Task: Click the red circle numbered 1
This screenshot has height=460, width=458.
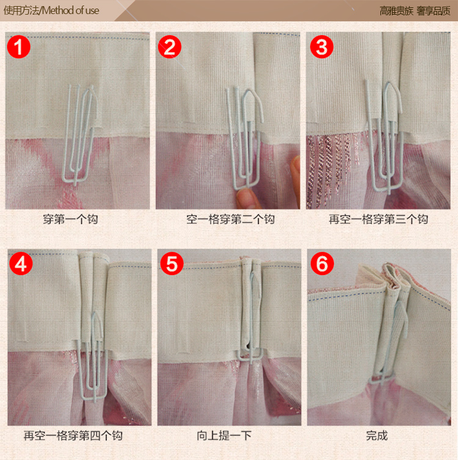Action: click(19, 47)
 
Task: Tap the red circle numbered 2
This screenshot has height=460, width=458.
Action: click(170, 47)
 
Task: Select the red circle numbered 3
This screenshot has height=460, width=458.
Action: click(322, 47)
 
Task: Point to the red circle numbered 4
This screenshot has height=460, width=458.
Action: click(21, 263)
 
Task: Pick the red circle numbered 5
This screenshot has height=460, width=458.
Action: click(172, 263)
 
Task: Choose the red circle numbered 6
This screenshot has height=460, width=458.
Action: click(322, 263)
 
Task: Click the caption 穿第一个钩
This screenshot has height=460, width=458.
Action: click(70, 219)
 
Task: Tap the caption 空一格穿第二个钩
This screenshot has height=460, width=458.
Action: click(230, 219)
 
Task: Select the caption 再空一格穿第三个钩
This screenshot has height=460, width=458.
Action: click(378, 219)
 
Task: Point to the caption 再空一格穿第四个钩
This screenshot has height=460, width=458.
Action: click(73, 436)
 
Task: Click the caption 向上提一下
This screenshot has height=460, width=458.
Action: click(224, 436)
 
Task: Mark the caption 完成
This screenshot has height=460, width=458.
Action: click(377, 436)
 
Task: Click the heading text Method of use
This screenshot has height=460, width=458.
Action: click(70, 10)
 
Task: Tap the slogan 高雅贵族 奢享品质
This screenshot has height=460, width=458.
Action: click(415, 11)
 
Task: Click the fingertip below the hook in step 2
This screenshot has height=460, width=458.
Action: click(247, 199)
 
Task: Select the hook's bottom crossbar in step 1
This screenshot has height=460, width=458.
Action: click(75, 178)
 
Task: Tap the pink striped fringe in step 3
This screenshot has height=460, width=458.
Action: click(329, 167)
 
